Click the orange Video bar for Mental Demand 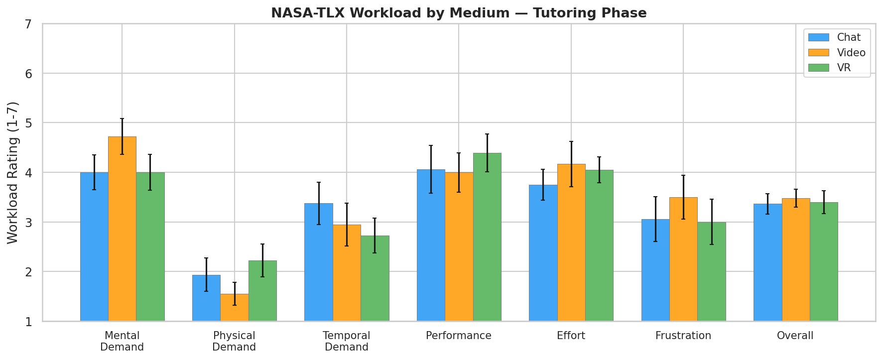coord(122,229)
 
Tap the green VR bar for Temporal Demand coord(375,278)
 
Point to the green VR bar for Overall coord(824,261)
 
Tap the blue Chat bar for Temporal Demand coord(319,262)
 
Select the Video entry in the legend coord(851,53)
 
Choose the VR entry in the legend coord(844,68)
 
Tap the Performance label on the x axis coord(459,336)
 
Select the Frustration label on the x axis coord(683,336)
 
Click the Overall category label coord(795,336)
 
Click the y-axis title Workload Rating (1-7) coord(13,172)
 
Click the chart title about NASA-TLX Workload coord(459,13)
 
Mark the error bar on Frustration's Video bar coord(683,197)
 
